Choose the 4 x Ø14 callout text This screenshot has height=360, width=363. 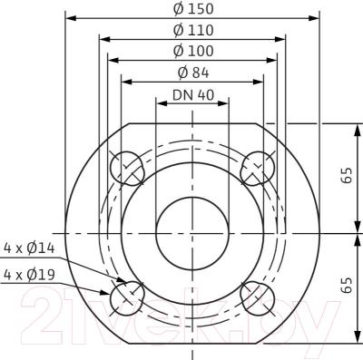coord(29,246)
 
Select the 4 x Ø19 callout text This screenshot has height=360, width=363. coord(29,274)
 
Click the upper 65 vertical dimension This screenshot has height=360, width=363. coord(346,177)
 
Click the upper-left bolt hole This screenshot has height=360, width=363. coord(127,167)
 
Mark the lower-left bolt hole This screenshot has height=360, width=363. coord(127,297)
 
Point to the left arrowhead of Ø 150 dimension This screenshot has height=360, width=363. coord(71,18)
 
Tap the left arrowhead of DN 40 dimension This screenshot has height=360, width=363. coord(161,102)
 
